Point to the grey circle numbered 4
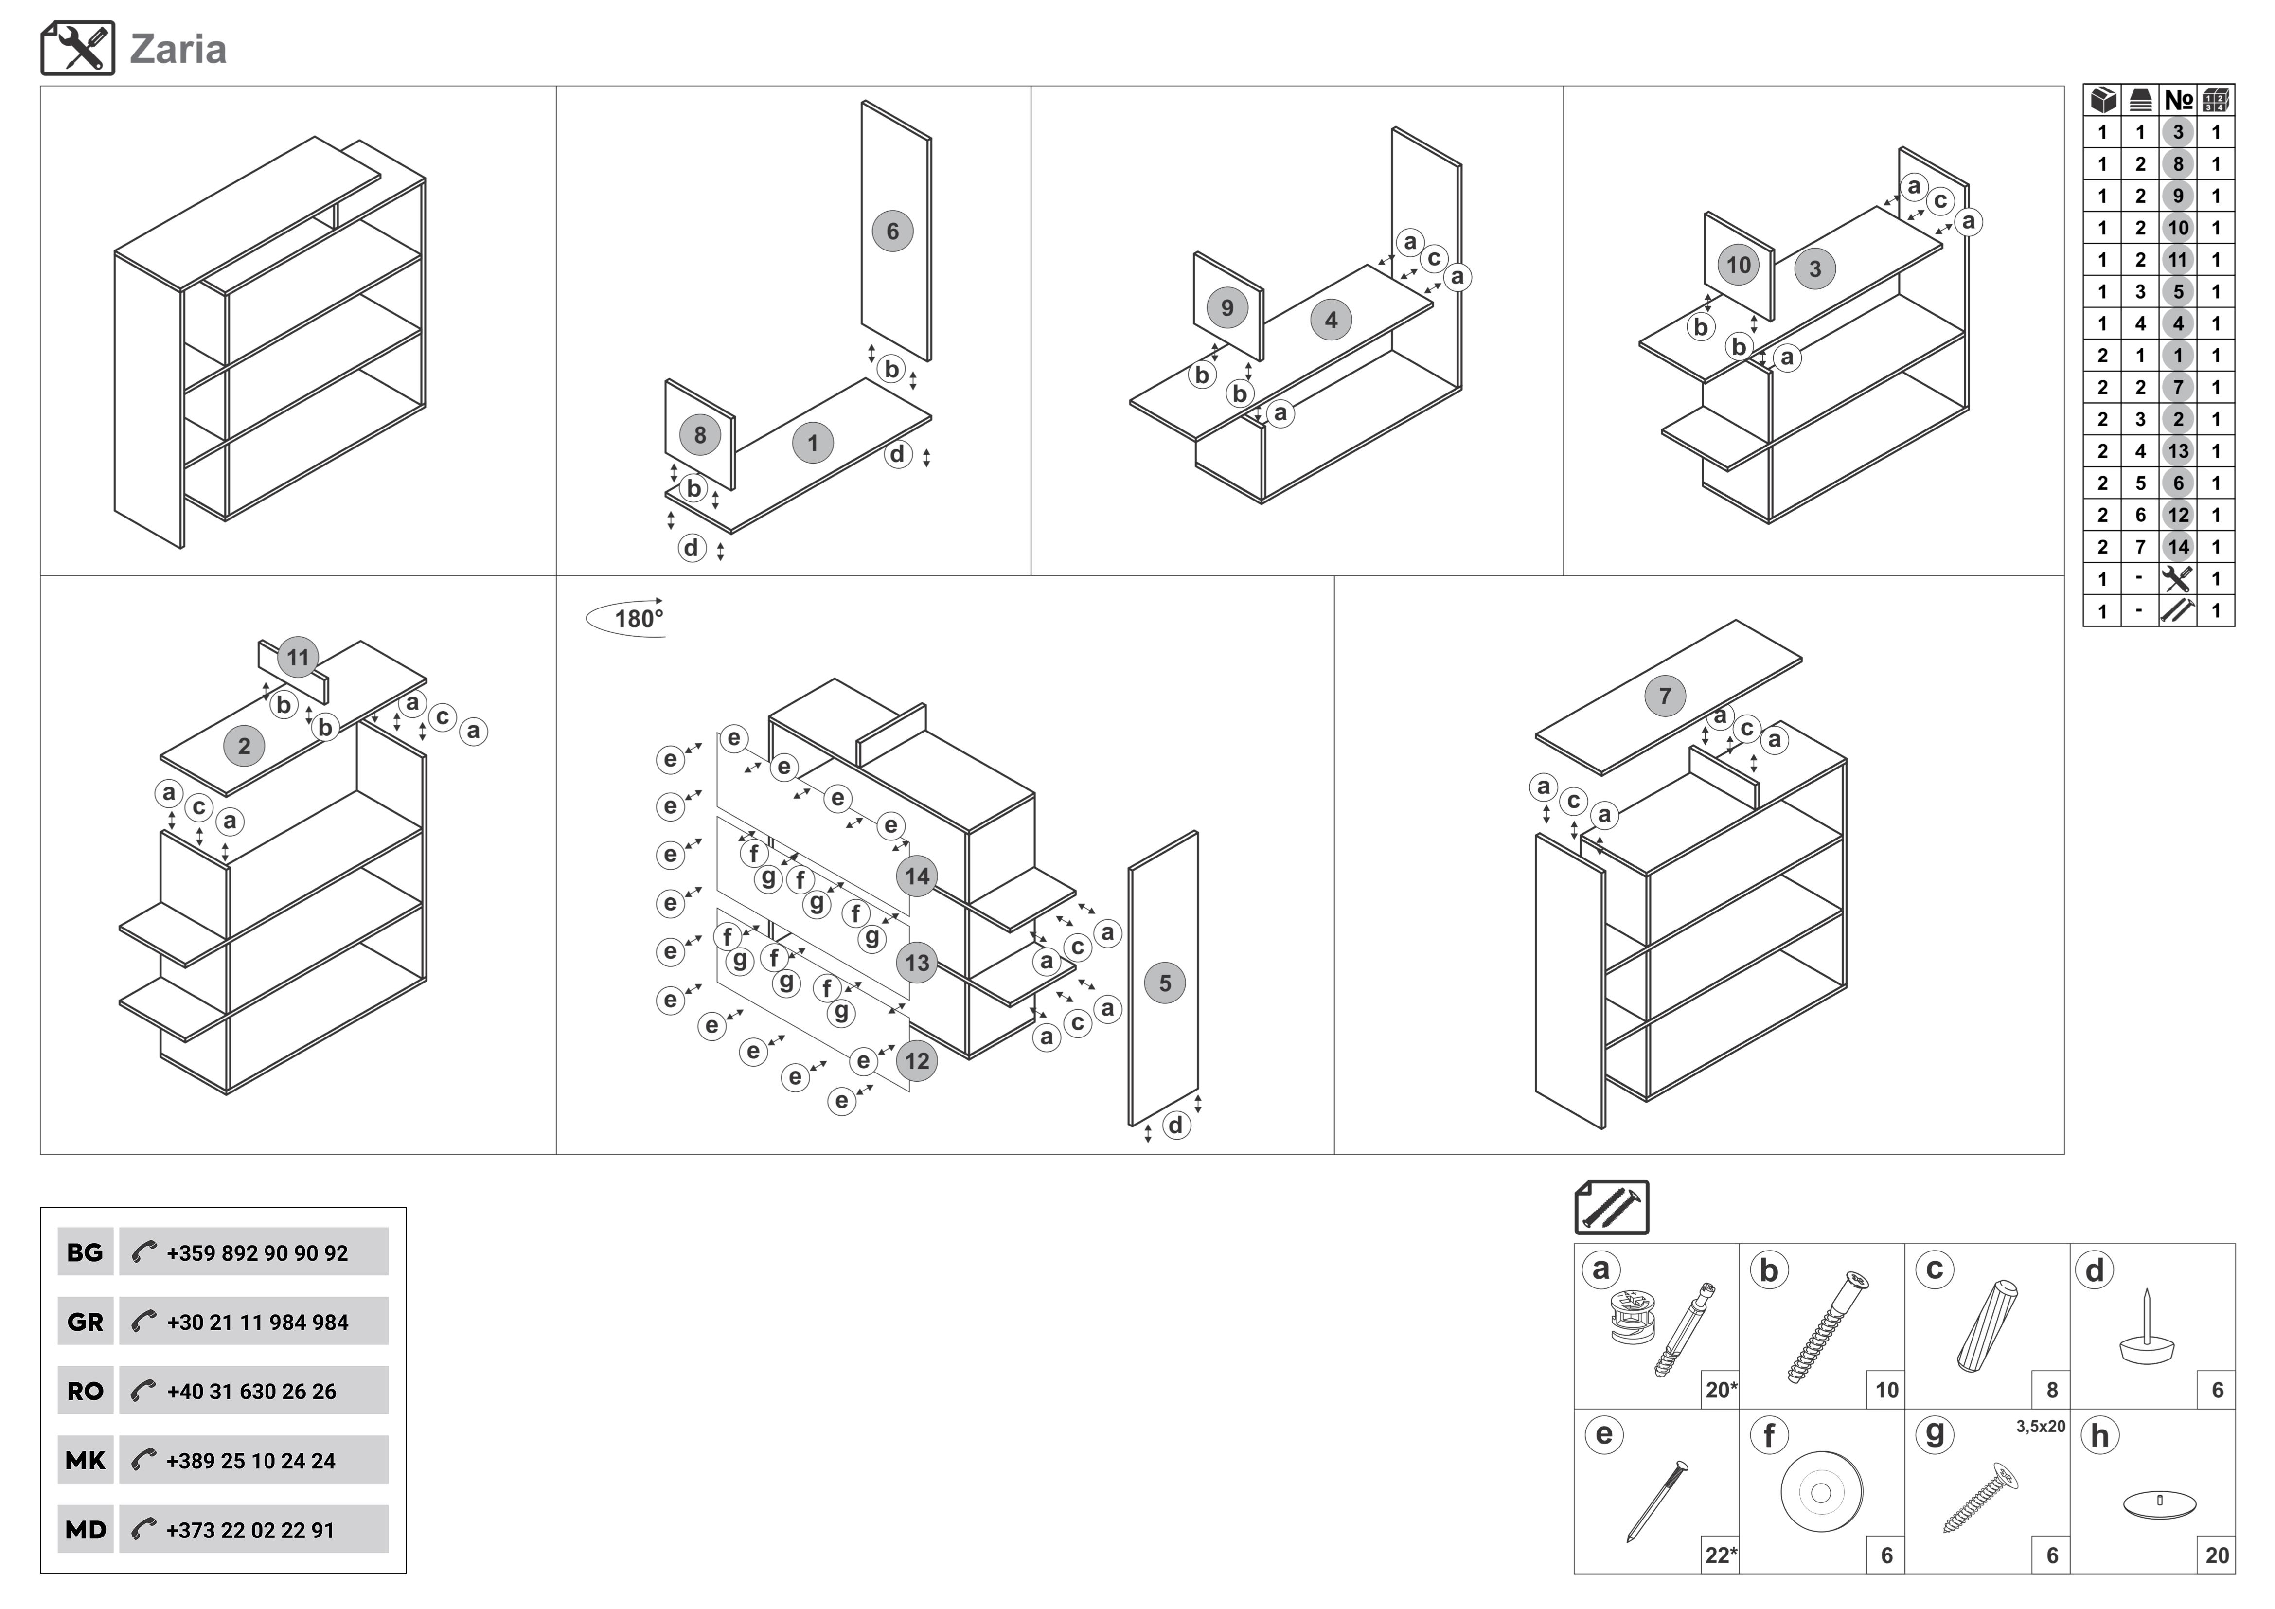click(1331, 320)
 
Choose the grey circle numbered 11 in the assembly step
click(297, 657)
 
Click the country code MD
click(85, 1530)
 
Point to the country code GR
click(85, 1322)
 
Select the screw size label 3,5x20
click(2040, 1427)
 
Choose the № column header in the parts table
click(2178, 100)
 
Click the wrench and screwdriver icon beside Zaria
click(77, 49)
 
